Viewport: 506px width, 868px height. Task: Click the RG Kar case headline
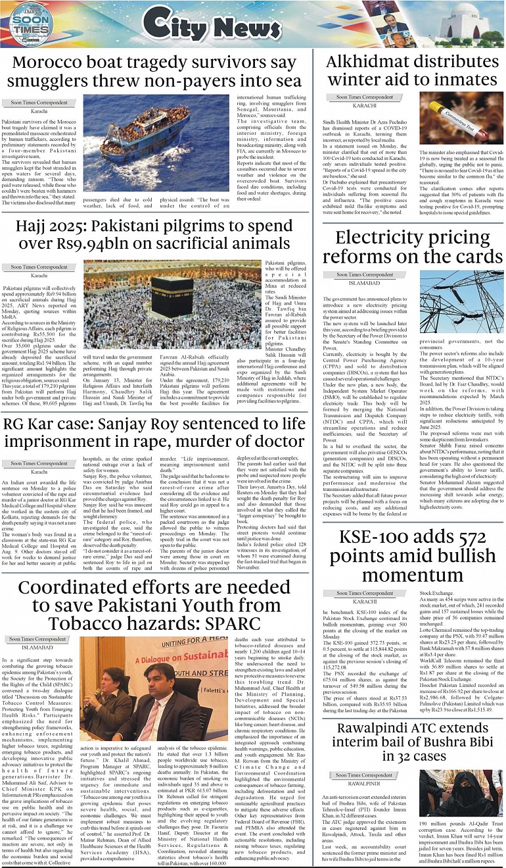pos(154,431)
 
